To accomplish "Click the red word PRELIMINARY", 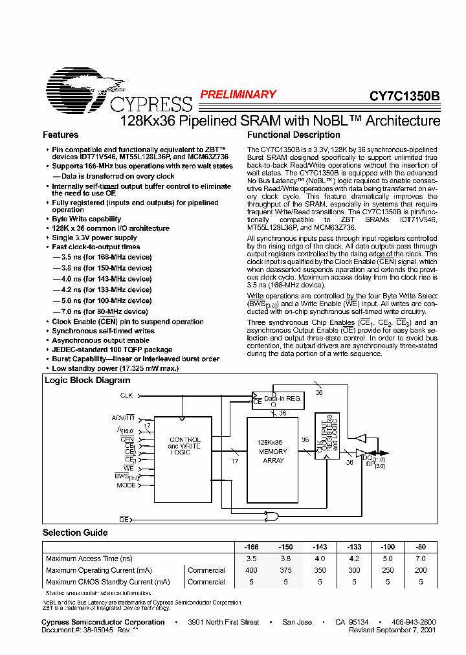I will point(238,94).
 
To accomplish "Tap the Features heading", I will point(60,135).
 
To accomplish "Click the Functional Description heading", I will point(294,135).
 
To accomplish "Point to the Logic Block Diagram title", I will point(87,381).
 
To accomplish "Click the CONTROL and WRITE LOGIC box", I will point(184,447).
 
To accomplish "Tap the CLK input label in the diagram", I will point(127,395).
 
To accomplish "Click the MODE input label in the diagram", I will point(126,485).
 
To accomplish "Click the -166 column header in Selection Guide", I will point(252,547).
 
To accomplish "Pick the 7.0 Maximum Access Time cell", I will point(421,559).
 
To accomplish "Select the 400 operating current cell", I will point(252,570).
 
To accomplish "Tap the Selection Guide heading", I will point(75,533).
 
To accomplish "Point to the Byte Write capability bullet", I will point(87,219).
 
